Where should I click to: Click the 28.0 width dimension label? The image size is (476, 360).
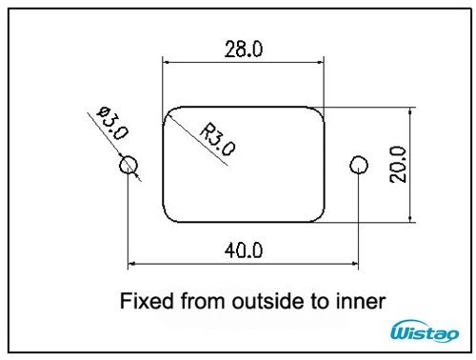(244, 50)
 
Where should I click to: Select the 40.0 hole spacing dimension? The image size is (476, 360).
(244, 250)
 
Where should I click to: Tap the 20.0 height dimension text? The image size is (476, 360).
(398, 165)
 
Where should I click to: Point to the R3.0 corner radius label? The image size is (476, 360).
(218, 139)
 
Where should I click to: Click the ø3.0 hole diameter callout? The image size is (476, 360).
(112, 123)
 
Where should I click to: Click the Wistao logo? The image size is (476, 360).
(425, 331)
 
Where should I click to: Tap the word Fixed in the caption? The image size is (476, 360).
(147, 301)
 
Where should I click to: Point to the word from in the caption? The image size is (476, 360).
(203, 301)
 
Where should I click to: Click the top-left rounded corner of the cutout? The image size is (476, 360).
(168, 111)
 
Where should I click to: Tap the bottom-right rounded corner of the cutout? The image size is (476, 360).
(320, 217)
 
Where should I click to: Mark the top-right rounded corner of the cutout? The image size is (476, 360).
(320, 111)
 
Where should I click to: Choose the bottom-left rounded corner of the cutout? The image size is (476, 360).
(168, 217)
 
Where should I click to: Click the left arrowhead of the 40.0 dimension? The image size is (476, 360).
(131, 263)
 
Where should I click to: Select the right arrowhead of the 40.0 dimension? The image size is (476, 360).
(355, 263)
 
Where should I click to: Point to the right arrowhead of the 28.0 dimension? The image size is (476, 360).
(320, 62)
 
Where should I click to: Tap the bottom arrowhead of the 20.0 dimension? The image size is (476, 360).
(410, 219)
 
